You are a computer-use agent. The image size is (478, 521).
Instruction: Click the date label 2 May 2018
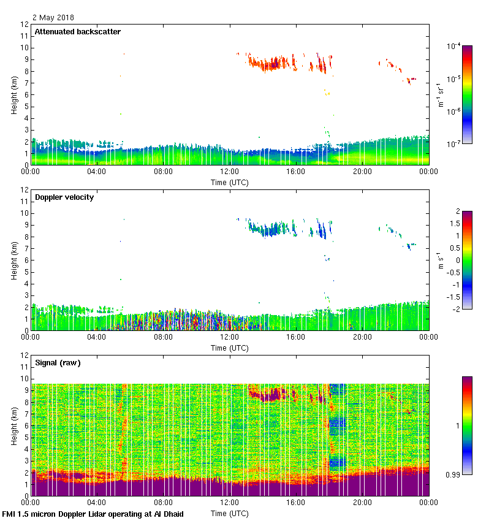(x=53, y=18)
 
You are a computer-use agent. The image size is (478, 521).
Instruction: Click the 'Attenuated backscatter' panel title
(x=77, y=32)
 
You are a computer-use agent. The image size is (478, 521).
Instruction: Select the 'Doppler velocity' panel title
(x=64, y=197)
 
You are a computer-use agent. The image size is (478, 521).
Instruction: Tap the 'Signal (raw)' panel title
(x=58, y=363)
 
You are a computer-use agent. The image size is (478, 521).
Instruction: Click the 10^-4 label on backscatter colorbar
(x=453, y=46)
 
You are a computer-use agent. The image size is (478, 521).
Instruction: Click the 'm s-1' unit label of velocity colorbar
(x=441, y=260)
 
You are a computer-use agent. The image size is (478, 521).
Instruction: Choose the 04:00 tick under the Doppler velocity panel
(x=97, y=337)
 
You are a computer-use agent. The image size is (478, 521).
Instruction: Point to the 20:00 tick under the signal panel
(x=362, y=503)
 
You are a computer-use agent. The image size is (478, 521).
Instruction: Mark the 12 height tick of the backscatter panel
(x=25, y=25)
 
